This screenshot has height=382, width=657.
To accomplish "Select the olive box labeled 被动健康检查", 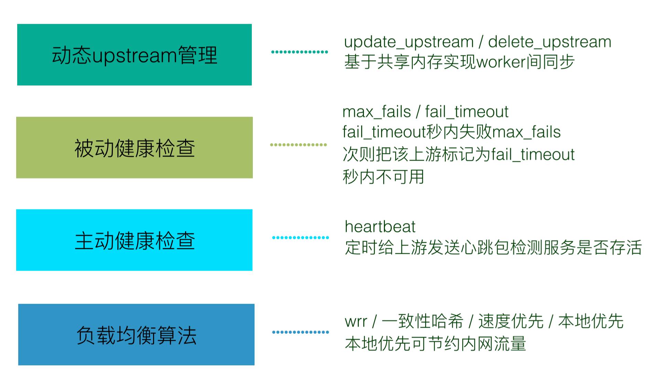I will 134,148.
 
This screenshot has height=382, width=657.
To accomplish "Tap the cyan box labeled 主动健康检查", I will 134,240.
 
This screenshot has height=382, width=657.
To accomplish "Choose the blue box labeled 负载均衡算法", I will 136,335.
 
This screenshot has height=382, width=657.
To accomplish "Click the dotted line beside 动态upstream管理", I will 299,52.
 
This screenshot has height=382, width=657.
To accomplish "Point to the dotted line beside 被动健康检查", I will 298,145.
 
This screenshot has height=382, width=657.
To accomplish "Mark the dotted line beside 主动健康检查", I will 300,238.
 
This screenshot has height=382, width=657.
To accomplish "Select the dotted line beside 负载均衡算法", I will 300,332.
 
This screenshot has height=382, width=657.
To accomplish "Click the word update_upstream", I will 409,42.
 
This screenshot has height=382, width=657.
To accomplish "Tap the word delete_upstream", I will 549,42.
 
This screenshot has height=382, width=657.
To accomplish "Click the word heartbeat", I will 380,227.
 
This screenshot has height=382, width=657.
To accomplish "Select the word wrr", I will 356,322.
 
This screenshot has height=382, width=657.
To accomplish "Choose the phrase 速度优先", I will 511,321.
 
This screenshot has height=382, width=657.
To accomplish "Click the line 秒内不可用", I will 383,177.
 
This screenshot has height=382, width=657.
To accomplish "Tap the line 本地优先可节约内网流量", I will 435,343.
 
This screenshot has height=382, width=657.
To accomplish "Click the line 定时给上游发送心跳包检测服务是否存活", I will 493,247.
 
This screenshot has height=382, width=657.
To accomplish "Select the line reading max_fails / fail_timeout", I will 425,112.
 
